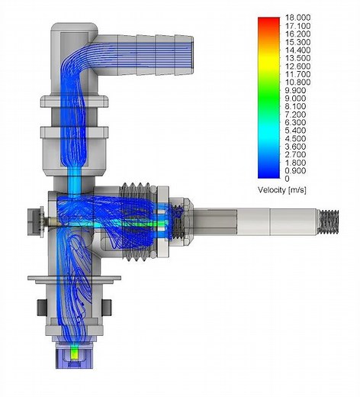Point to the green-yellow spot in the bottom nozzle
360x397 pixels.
click(x=73, y=353)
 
